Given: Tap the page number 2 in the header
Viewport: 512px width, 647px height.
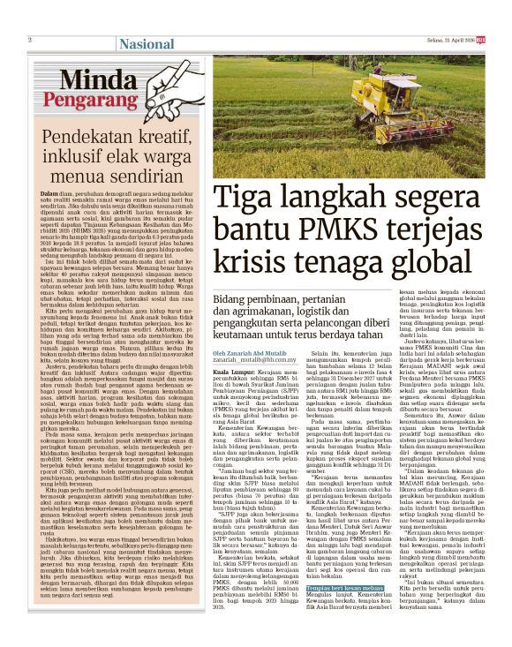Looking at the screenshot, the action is click(29, 40).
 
